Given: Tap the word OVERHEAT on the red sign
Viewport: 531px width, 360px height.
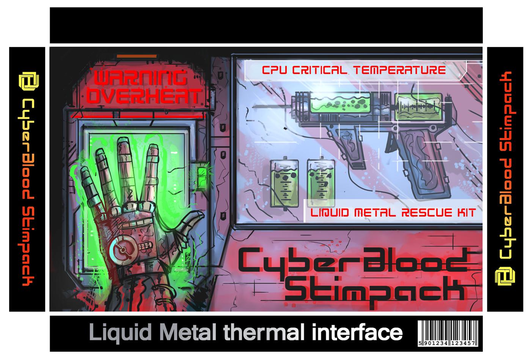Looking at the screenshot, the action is [143, 96].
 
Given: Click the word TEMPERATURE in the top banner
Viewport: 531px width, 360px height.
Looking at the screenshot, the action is [400, 70].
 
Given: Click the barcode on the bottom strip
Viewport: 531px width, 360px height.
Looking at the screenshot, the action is [448, 333].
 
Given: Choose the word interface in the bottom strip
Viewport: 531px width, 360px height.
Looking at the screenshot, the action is [357, 332].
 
